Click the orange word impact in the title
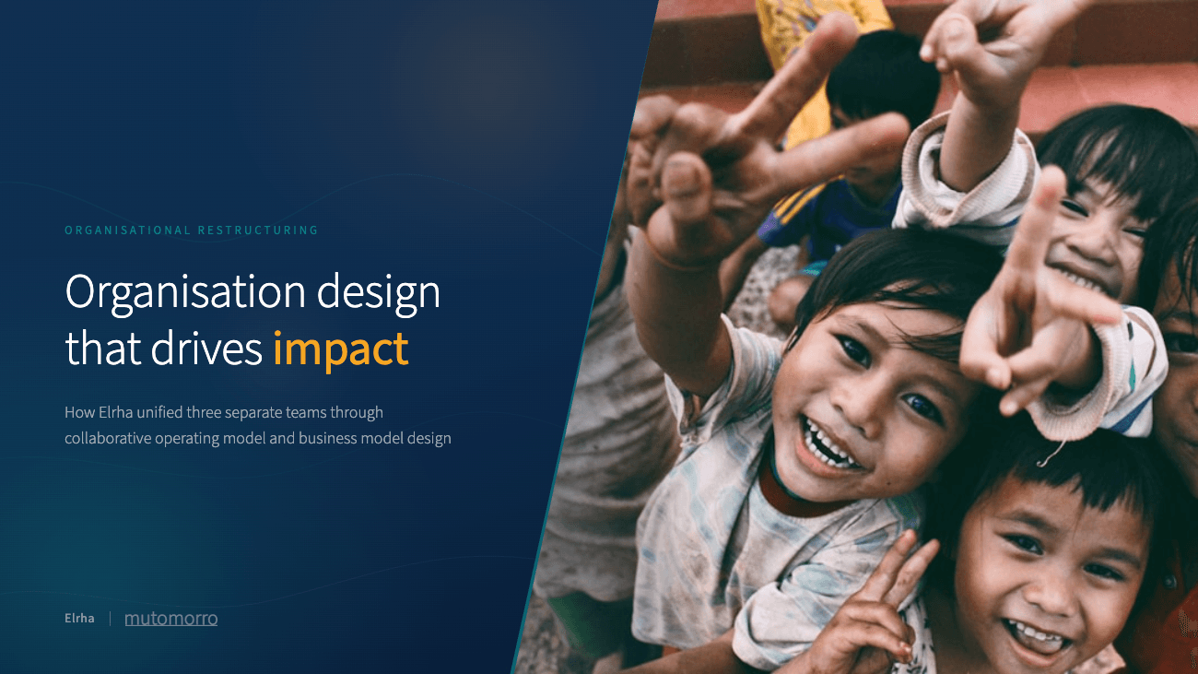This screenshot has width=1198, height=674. click(x=340, y=349)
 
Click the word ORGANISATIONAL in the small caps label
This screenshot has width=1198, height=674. click(x=127, y=231)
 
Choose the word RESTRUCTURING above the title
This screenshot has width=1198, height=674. click(x=258, y=231)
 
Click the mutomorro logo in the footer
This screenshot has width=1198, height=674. click(x=170, y=618)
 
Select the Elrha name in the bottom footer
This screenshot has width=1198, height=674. click(x=79, y=618)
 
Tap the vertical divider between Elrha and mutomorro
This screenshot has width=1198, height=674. click(x=110, y=618)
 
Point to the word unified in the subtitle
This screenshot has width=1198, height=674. click(x=174, y=412)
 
